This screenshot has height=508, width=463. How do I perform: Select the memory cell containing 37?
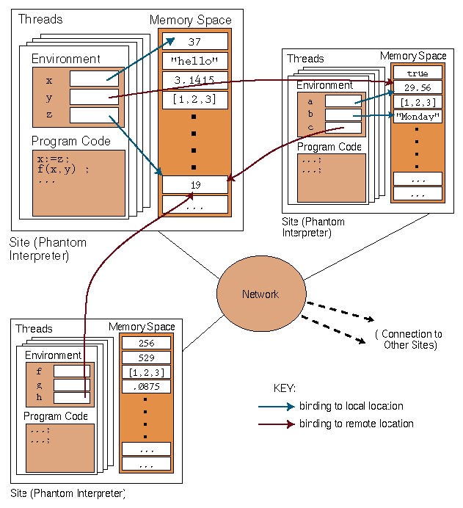pyautogui.click(x=194, y=42)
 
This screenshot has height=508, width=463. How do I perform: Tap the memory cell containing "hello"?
pyautogui.click(x=194, y=61)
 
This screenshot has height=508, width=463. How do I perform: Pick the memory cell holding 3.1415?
pyautogui.click(x=194, y=80)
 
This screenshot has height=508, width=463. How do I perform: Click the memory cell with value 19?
pyautogui.click(x=194, y=185)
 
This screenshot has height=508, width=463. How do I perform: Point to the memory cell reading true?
pyautogui.click(x=418, y=73)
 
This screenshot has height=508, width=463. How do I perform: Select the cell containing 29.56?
pyautogui.click(x=418, y=87)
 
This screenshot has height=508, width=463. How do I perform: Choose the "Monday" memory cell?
pyautogui.click(x=418, y=117)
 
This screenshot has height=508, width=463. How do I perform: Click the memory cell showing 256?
pyautogui.click(x=146, y=343)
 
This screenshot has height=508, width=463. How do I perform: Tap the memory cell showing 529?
pyautogui.click(x=146, y=358)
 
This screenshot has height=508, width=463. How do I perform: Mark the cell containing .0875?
pyautogui.click(x=146, y=386)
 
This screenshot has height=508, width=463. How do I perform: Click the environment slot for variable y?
pyautogui.click(x=89, y=97)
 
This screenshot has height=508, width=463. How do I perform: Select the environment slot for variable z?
pyautogui.click(x=89, y=115)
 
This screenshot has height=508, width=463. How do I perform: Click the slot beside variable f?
pyautogui.click(x=72, y=371)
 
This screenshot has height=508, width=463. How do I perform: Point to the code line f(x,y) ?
pyautogui.click(x=62, y=170)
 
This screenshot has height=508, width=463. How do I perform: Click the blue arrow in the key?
pyautogui.click(x=276, y=406)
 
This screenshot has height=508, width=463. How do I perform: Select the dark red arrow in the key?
pyautogui.click(x=276, y=424)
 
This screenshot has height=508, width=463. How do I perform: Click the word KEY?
pyautogui.click(x=284, y=388)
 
